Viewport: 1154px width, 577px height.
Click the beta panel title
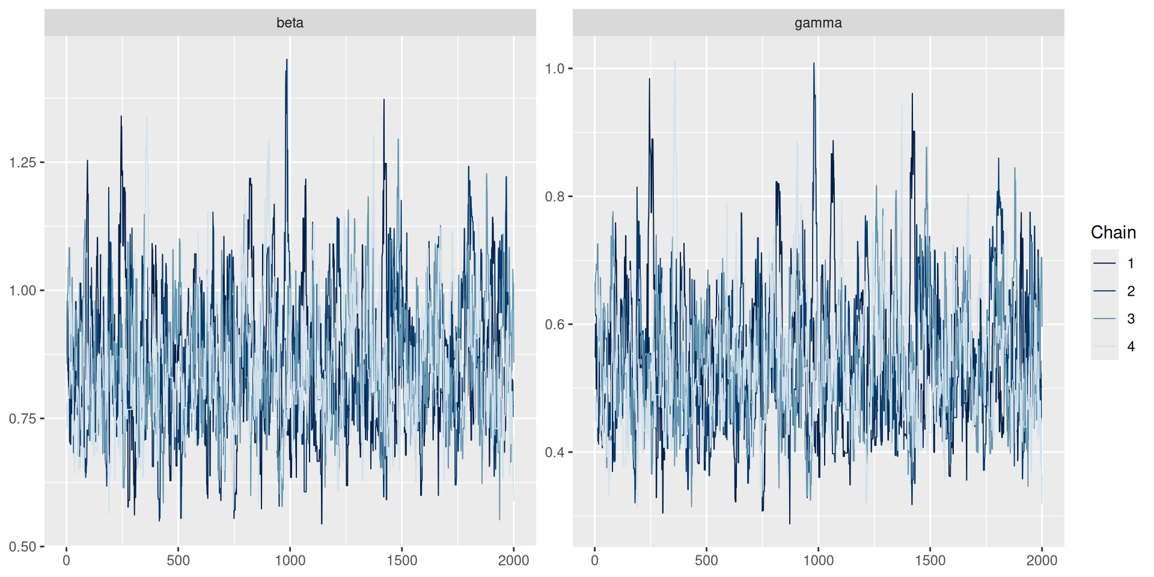(290, 23)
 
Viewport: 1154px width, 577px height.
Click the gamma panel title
(818, 23)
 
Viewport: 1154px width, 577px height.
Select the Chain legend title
(1113, 233)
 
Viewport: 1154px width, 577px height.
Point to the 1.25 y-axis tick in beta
(23, 162)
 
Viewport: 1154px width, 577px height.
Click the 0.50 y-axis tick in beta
(23, 547)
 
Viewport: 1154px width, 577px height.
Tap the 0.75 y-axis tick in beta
(23, 419)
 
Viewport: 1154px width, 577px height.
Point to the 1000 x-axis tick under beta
(290, 560)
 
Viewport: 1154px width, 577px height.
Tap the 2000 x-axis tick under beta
(513, 560)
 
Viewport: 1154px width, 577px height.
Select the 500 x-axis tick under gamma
(706, 560)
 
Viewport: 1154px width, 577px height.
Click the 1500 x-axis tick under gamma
(930, 560)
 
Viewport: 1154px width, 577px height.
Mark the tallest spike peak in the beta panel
(287, 60)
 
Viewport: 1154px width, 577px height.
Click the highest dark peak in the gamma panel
(814, 63)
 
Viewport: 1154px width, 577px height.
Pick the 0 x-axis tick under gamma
(594, 560)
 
